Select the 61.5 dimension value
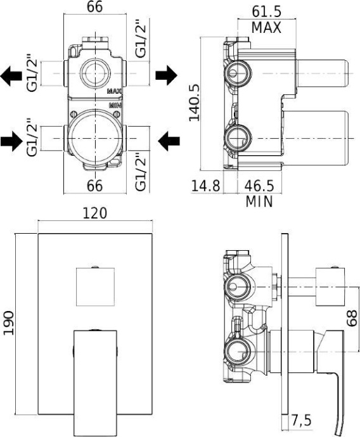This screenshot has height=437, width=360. pyautogui.click(x=266, y=11)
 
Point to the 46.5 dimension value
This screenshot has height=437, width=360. pyautogui.click(x=259, y=186)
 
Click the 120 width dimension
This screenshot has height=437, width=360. pyautogui.click(x=94, y=214)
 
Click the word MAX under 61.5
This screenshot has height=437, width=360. pyautogui.click(x=266, y=28)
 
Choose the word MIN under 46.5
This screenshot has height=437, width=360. pyautogui.click(x=259, y=202)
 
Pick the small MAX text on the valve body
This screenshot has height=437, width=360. pyautogui.click(x=114, y=91)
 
